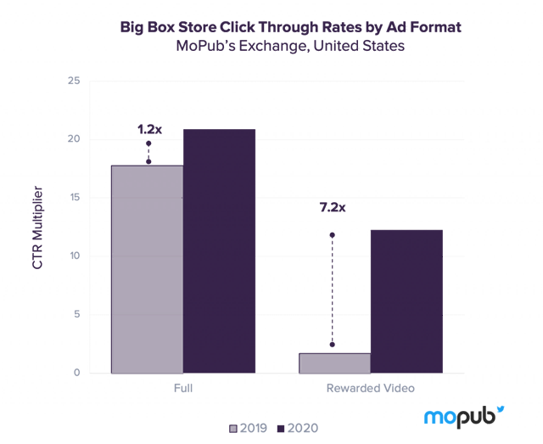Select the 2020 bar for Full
(x=220, y=250)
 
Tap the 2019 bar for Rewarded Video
(x=333, y=363)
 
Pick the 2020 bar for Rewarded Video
(x=406, y=301)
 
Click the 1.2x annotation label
(x=149, y=130)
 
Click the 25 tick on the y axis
(x=74, y=81)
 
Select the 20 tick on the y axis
(x=74, y=139)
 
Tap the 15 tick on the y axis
(x=74, y=198)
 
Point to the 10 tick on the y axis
(x=74, y=256)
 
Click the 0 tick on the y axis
(x=76, y=373)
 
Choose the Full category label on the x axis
(x=183, y=389)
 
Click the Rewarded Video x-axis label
(x=370, y=389)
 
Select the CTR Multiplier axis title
(x=36, y=228)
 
